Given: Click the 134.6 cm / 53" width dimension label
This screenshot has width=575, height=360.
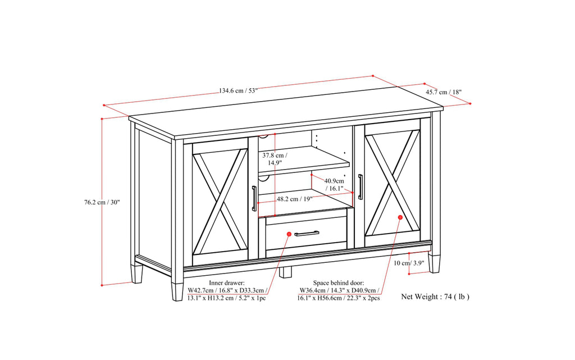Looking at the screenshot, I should tap(239, 91).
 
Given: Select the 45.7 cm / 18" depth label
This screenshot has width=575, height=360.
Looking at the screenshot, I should tap(444, 92).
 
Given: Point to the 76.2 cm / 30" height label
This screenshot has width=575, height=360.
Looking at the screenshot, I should tap(98, 202).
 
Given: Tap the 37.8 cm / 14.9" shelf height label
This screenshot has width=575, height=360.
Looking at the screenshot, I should tap(275, 158).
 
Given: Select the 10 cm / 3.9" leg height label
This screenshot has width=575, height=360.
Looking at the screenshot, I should tap(409, 263).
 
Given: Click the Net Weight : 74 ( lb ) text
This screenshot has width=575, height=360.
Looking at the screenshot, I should tap(435, 296).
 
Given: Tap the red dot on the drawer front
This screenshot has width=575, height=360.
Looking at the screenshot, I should tap(289, 234).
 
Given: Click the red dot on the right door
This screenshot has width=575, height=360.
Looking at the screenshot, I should tap(400, 217).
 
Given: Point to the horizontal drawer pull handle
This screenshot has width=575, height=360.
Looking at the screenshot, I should tap(307, 233).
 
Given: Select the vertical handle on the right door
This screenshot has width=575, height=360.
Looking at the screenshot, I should tap(360, 186).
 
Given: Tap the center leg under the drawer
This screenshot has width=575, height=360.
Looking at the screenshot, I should tap(286, 272).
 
